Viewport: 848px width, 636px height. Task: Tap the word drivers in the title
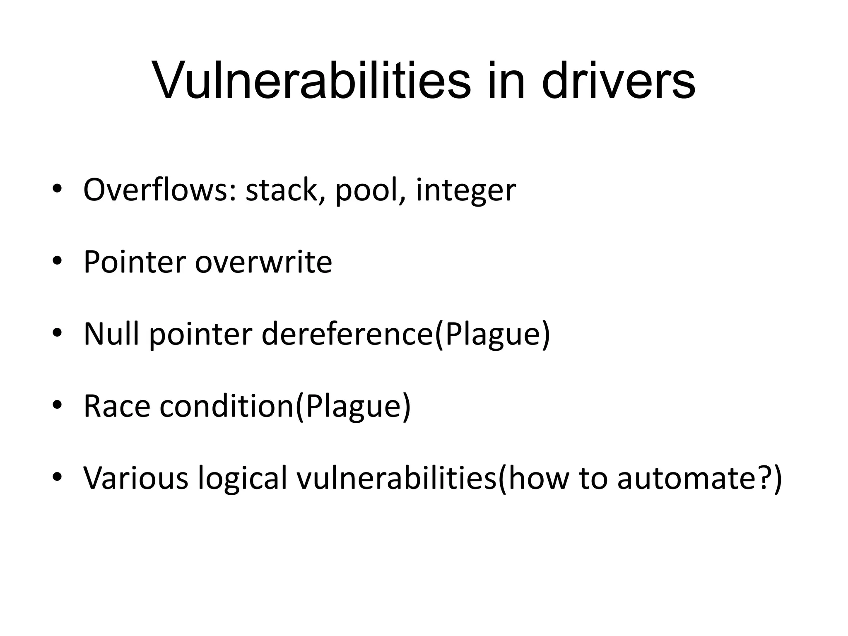pyautogui.click(x=618, y=80)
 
